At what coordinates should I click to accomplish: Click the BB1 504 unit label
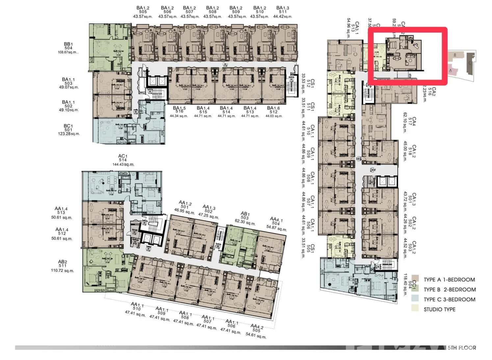[68, 46]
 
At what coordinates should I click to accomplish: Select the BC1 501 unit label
[68, 128]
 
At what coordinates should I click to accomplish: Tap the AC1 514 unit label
[123, 158]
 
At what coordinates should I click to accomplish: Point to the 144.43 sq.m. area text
[123, 164]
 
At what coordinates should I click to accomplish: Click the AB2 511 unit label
[63, 264]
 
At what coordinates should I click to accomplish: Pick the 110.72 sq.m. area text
[63, 271]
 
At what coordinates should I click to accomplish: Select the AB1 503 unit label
[245, 216]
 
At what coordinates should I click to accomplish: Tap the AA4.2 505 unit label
[257, 329]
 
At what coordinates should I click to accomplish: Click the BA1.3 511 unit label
[283, 10]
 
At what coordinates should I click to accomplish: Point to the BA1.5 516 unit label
[179, 110]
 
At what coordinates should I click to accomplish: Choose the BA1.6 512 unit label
[273, 110]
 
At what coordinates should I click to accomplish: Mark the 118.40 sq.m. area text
[405, 285]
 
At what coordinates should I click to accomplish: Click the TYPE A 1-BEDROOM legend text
[449, 280]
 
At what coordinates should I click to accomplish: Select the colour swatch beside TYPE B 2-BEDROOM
[415, 289]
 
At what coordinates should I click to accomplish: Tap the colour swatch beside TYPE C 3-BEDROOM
[415, 299]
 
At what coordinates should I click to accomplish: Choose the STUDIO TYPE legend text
[439, 309]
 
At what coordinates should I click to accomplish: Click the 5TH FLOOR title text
[461, 348]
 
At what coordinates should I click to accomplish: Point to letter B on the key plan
[455, 55]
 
